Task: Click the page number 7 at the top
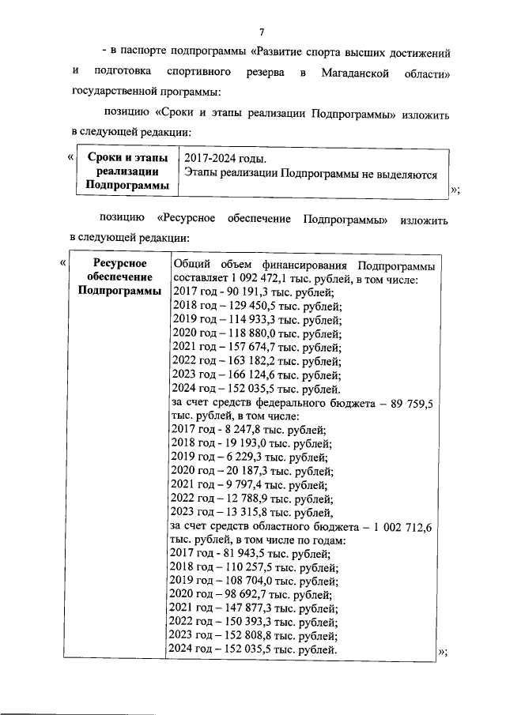click(261, 32)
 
